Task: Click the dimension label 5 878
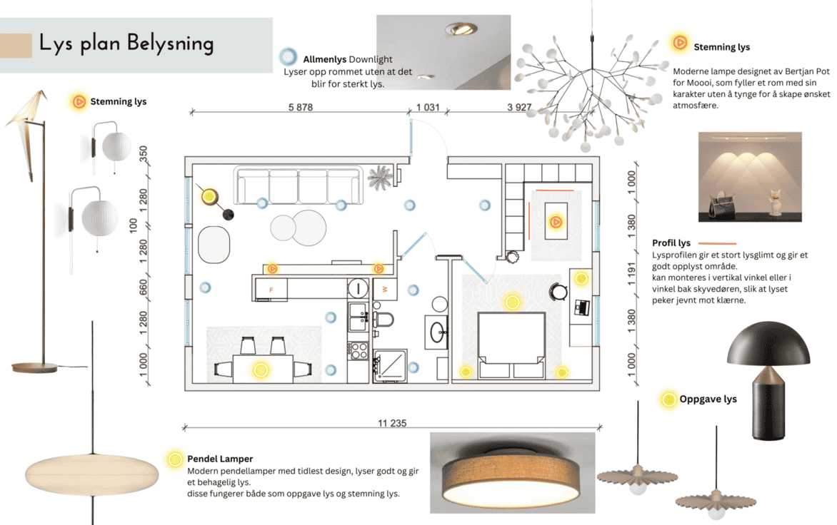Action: point(301,107)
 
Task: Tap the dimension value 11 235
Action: point(391,423)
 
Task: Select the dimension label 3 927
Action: point(519,107)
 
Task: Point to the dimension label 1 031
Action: point(428,107)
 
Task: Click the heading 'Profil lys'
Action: point(671,243)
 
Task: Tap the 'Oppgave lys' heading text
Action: point(708,399)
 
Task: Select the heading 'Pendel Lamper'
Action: point(220,459)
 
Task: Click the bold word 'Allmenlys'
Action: point(324,59)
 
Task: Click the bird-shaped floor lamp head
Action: point(27,108)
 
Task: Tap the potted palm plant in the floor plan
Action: point(379,178)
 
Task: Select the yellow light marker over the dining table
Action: point(261,369)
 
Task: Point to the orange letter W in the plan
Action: point(385,289)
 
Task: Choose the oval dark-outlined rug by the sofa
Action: point(214,244)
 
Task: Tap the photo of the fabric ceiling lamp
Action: point(512,473)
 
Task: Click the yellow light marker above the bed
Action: point(511,302)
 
